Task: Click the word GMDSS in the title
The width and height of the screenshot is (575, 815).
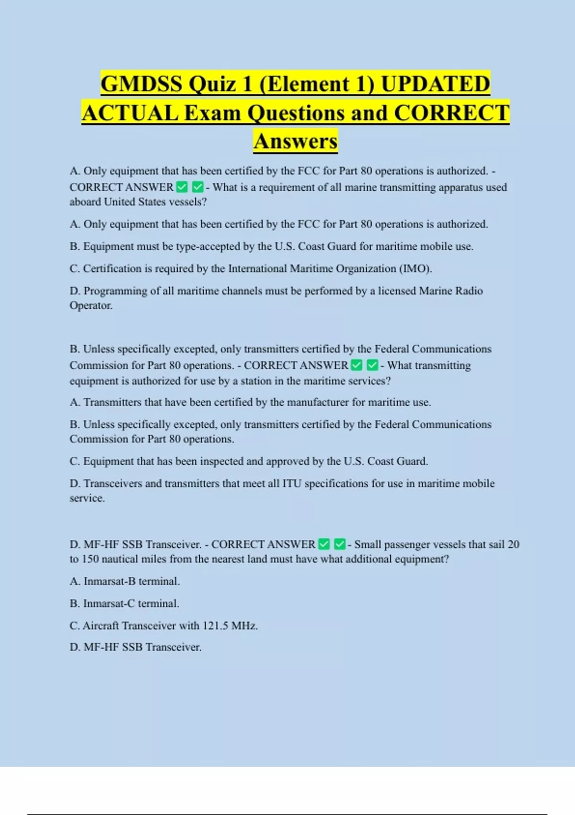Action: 142,84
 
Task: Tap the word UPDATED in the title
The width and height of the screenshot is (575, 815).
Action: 435,84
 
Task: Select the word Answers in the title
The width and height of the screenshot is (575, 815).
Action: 295,141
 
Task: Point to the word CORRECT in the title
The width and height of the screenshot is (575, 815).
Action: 451,113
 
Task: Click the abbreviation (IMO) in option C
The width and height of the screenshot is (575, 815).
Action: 415,268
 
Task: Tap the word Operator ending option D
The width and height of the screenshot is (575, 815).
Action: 91,305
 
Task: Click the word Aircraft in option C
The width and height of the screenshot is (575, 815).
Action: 101,626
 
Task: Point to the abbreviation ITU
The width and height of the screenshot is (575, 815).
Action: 292,483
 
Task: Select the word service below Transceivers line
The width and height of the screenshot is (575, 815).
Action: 86,498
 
